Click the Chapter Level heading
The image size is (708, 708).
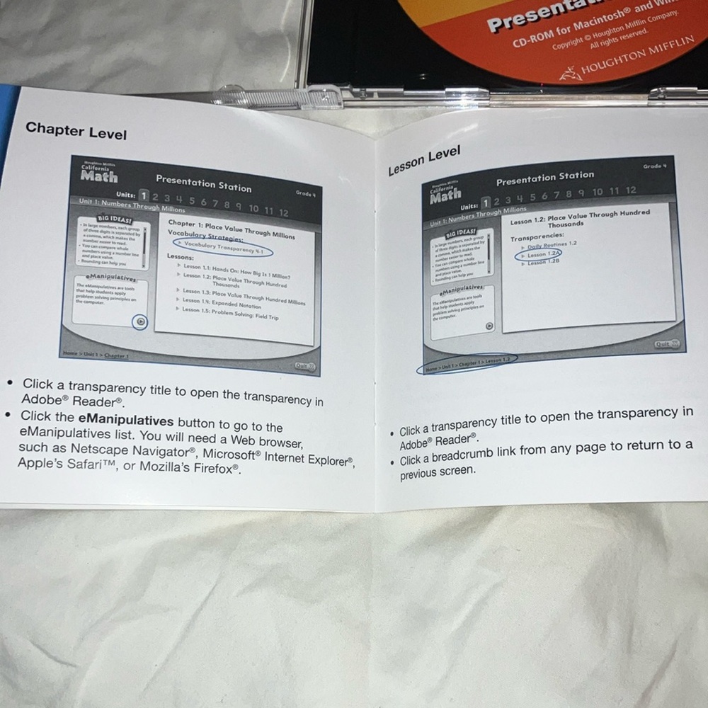click(76, 131)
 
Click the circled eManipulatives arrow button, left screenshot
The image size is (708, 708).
click(140, 322)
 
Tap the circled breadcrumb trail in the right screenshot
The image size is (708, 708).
click(468, 362)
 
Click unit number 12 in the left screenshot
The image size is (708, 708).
click(283, 212)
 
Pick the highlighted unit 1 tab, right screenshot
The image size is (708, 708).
click(486, 202)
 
